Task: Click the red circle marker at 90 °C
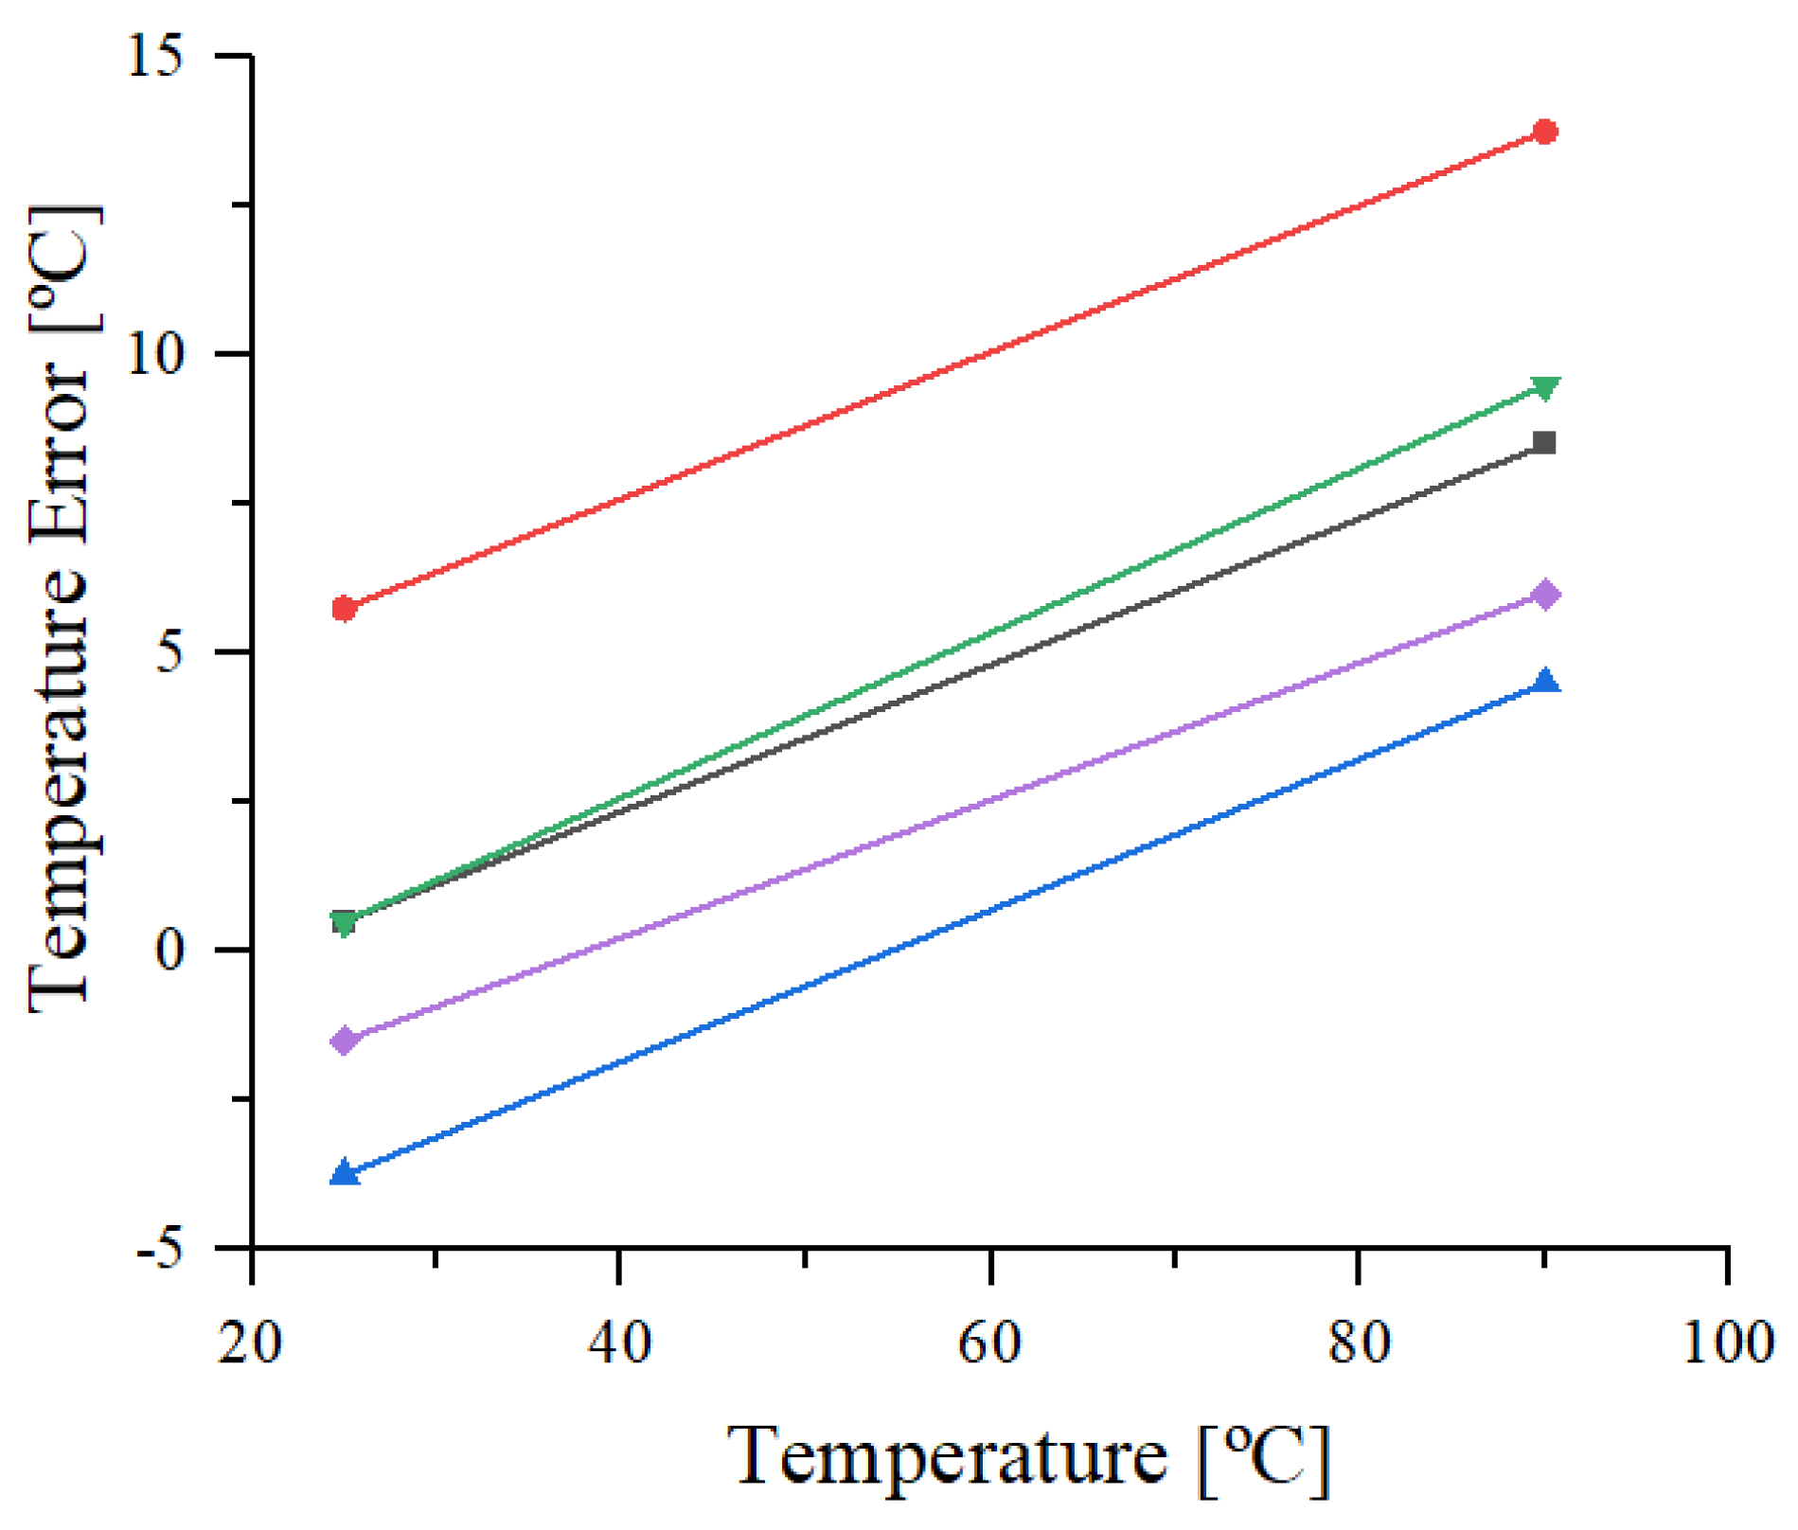(x=1544, y=132)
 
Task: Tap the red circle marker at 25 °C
(x=344, y=609)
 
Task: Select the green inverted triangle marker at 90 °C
(x=1544, y=388)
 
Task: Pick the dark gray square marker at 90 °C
(x=1544, y=442)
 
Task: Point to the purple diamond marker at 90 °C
(x=1544, y=595)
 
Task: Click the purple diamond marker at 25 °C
(x=344, y=1041)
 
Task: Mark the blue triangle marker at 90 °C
(x=1544, y=682)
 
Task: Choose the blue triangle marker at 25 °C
(x=344, y=1173)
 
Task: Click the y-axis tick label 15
(x=155, y=58)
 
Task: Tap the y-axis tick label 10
(x=155, y=355)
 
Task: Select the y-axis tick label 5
(x=170, y=652)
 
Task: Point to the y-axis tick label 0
(x=170, y=950)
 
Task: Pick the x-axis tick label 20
(x=250, y=1343)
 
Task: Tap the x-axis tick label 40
(x=619, y=1343)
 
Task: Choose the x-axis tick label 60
(x=989, y=1343)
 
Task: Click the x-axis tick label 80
(x=1359, y=1343)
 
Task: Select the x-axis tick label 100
(x=1727, y=1343)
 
